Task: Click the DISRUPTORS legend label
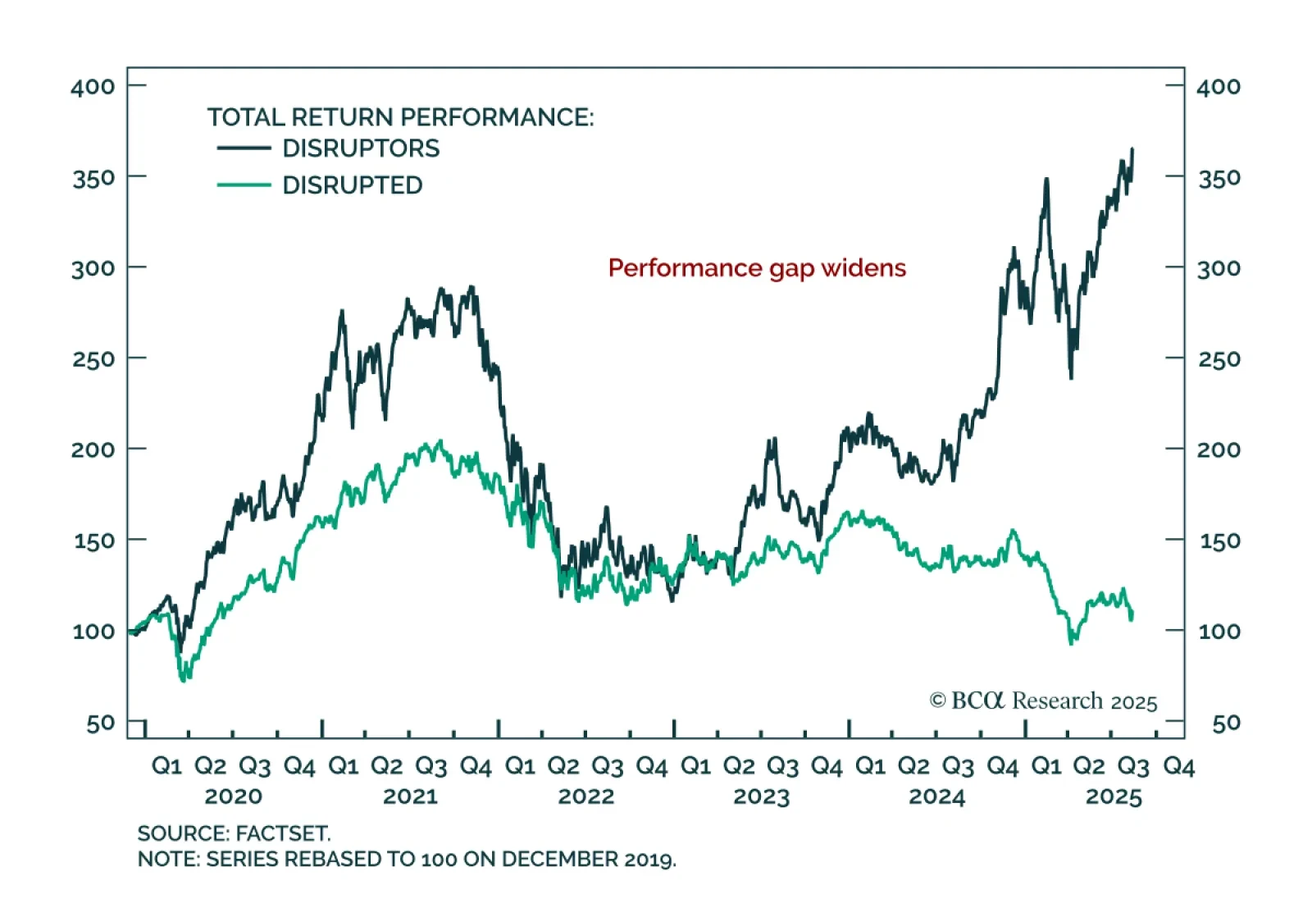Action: click(x=361, y=148)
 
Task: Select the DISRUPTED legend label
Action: click(x=353, y=185)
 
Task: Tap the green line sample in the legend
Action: click(x=244, y=185)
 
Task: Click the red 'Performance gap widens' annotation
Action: click(x=757, y=268)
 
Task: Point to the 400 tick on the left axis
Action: click(x=93, y=86)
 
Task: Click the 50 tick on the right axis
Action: click(x=1226, y=723)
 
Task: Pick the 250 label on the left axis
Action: click(x=93, y=359)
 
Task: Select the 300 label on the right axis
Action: click(x=1219, y=268)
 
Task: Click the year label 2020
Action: click(x=233, y=796)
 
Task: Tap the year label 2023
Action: click(x=761, y=796)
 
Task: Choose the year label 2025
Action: click(x=1114, y=796)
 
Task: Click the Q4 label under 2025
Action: click(x=1179, y=767)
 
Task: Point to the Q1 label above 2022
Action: click(x=520, y=767)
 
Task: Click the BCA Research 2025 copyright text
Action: click(x=1043, y=701)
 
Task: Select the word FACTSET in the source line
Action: click(x=283, y=833)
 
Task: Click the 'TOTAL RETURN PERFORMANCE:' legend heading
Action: click(x=400, y=117)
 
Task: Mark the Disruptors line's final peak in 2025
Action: click(x=1132, y=149)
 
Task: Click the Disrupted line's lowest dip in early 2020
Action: click(x=184, y=679)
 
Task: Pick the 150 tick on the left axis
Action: click(x=93, y=541)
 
